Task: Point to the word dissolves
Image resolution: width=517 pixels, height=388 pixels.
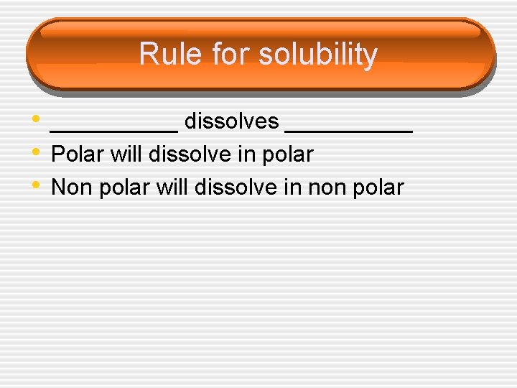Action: point(231,122)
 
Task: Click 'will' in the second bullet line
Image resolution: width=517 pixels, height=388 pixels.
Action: point(126,154)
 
